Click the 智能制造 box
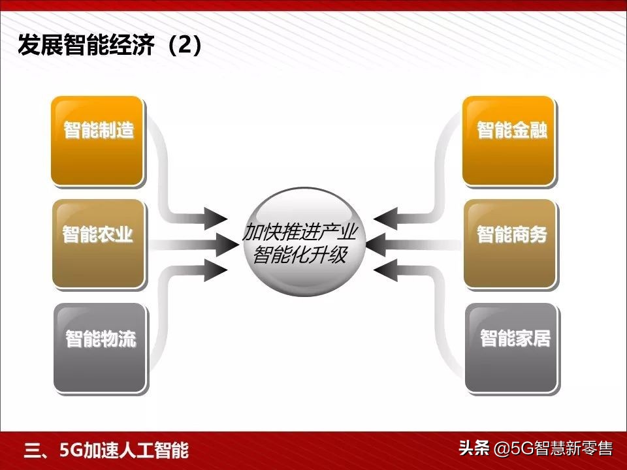pos(97,140)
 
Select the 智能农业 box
pos(98,243)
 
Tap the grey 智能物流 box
pos(99,347)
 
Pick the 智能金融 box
pos(509,140)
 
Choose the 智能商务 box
pos(510,243)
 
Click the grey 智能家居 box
pos(513,347)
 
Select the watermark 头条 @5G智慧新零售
pos(536,449)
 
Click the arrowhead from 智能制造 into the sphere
pos(216,217)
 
